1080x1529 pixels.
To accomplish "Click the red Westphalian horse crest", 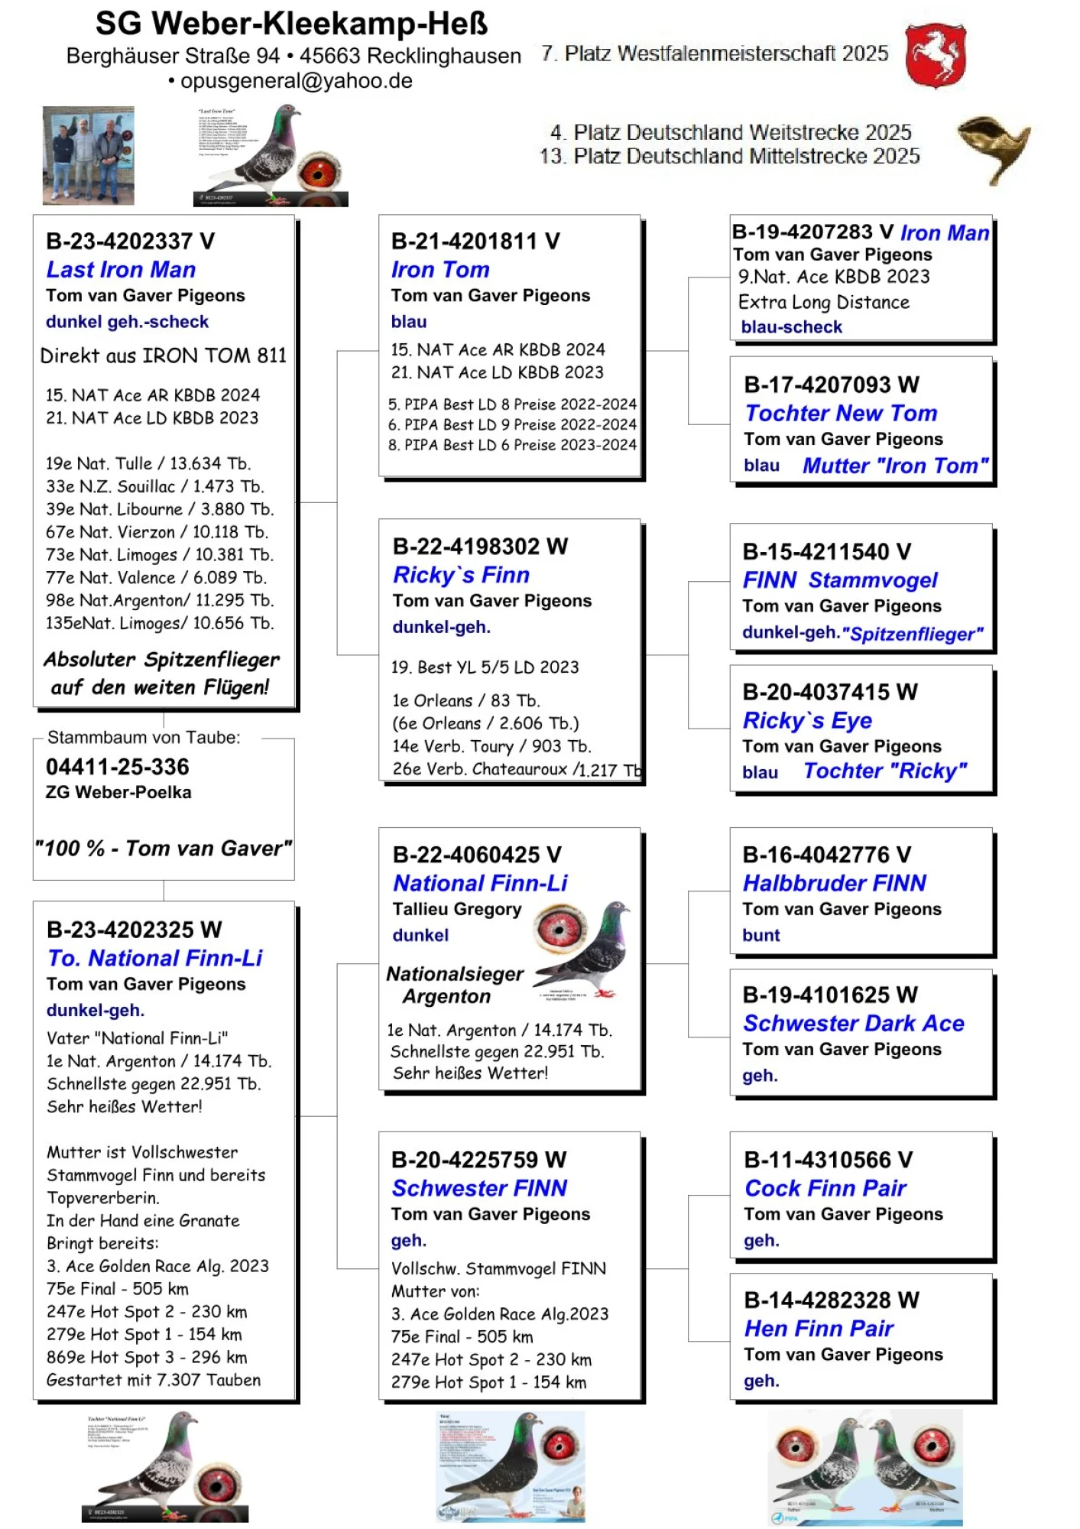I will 936,55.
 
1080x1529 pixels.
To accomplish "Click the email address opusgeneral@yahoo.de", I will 297,81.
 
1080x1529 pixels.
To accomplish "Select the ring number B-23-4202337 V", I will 130,241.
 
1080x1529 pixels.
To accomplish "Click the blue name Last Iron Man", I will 121,270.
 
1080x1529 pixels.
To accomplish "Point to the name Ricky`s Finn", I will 461,575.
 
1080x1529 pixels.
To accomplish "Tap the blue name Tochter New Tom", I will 841,414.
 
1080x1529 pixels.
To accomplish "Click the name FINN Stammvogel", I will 840,580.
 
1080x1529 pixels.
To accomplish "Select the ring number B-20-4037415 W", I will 830,692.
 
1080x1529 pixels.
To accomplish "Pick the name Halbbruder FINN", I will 835,884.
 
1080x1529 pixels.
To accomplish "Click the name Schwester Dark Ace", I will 853,1024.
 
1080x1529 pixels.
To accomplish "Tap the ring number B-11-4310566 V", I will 829,1160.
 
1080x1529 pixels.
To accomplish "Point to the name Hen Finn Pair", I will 819,1329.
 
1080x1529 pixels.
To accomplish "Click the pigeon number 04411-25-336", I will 118,767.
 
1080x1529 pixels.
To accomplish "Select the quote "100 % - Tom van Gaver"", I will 164,849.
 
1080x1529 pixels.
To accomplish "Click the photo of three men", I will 89,155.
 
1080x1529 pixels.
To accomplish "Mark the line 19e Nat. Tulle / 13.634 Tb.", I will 148,463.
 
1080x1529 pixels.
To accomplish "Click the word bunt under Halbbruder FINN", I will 761,935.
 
